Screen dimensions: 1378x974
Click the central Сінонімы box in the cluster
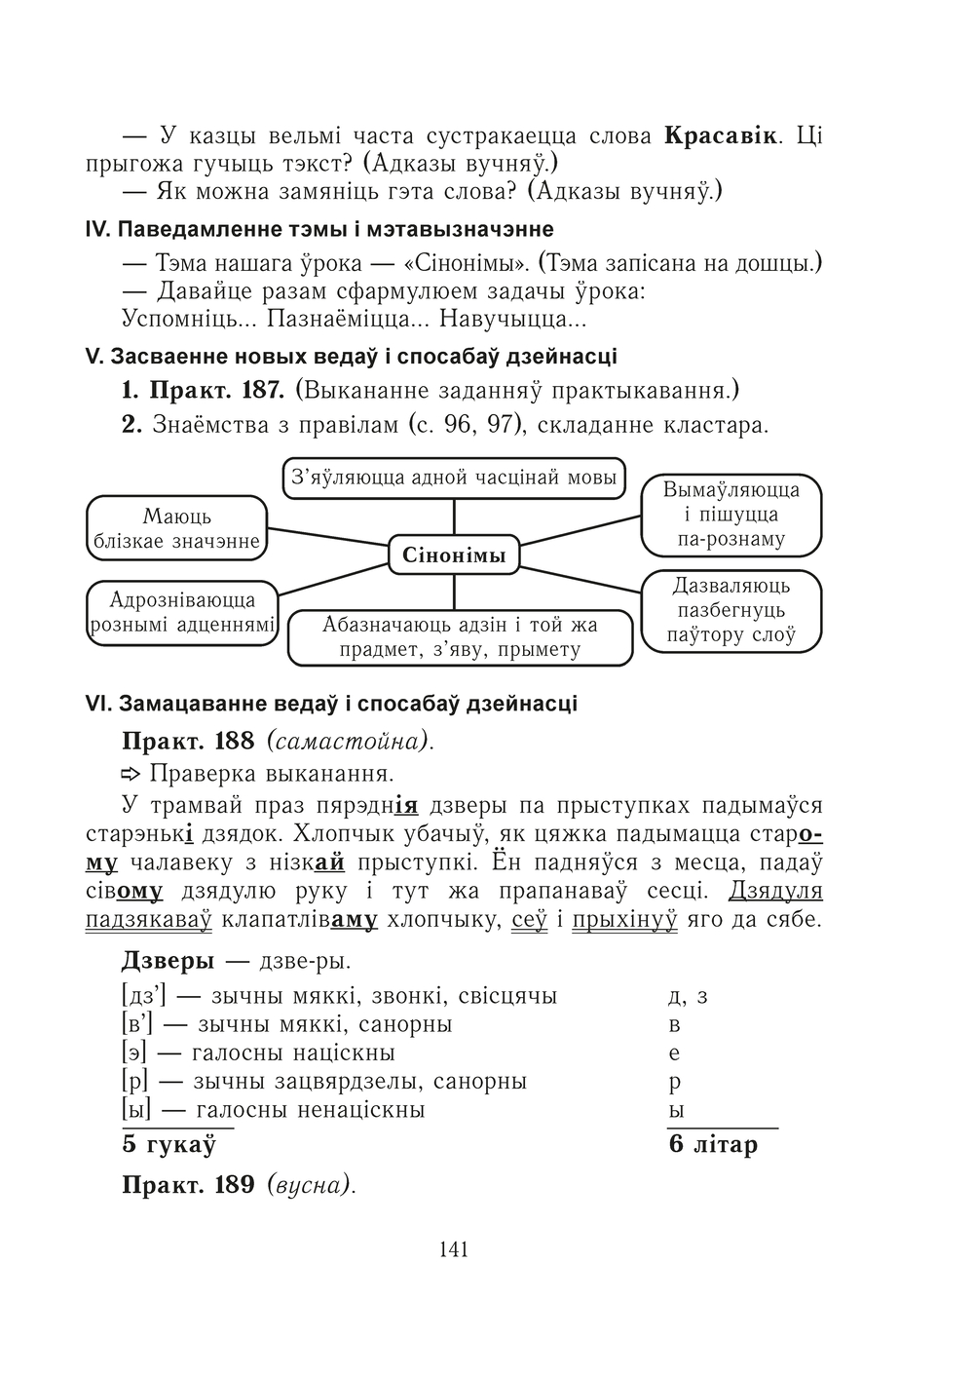click(x=454, y=556)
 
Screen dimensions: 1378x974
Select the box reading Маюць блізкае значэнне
click(x=176, y=528)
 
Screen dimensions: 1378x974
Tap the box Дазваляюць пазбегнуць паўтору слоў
click(x=731, y=611)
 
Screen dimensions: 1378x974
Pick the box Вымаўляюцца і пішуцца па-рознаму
click(x=731, y=514)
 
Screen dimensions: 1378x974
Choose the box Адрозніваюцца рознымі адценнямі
click(x=182, y=612)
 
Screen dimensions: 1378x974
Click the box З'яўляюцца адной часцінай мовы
click(x=454, y=478)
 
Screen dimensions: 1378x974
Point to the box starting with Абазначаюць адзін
click(x=461, y=637)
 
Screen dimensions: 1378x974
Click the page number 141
click(x=454, y=1248)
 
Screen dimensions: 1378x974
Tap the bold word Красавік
click(x=721, y=135)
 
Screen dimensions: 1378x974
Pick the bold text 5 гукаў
click(x=168, y=1145)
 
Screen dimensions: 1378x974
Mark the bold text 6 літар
click(x=713, y=1145)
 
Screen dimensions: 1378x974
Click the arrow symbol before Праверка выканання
click(x=131, y=775)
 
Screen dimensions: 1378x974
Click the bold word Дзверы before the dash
click(x=168, y=960)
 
